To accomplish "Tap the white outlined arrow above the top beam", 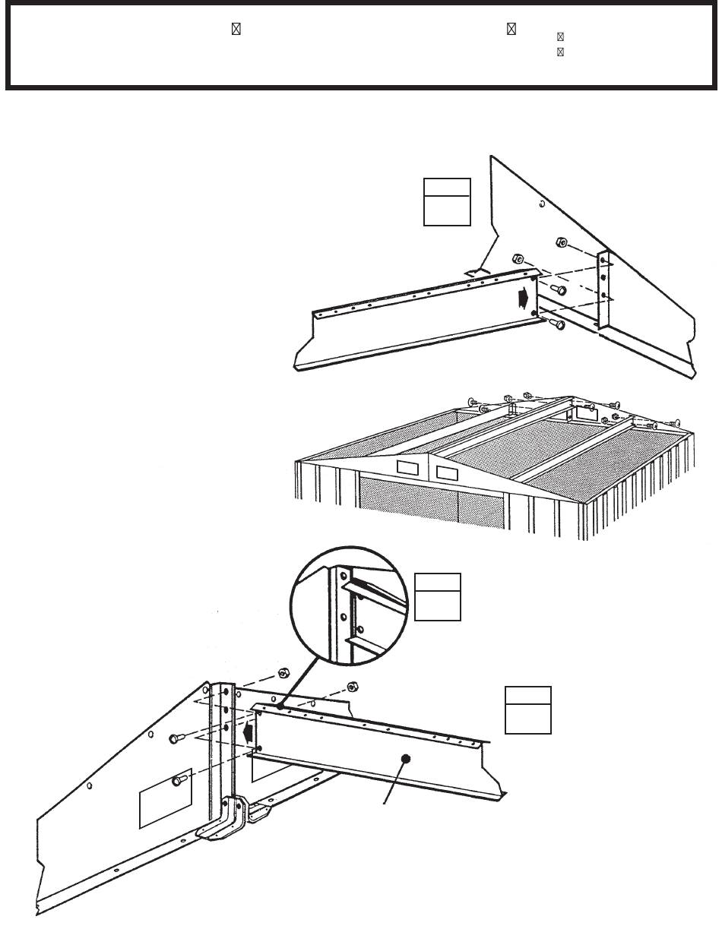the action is pyautogui.click(x=476, y=271).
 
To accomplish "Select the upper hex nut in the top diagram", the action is pyautogui.click(x=559, y=243).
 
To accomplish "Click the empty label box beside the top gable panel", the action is pyautogui.click(x=447, y=202).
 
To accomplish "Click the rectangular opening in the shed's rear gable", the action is pyautogui.click(x=584, y=412).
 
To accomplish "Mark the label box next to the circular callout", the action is pyautogui.click(x=438, y=596).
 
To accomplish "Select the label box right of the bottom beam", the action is pyautogui.click(x=528, y=709).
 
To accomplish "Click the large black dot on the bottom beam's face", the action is pyautogui.click(x=406, y=758).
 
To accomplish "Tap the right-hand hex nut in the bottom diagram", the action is pyautogui.click(x=352, y=687).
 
